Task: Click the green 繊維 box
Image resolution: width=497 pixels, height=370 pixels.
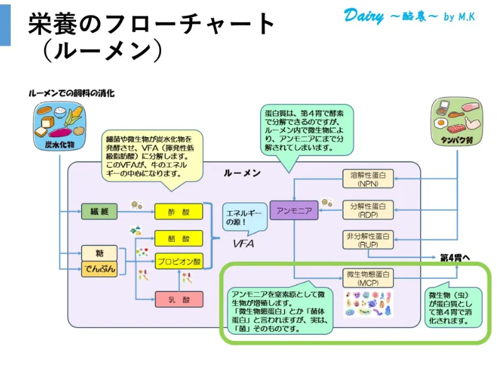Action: [x=99, y=212]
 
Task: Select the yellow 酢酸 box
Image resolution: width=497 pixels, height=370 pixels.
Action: [x=179, y=212]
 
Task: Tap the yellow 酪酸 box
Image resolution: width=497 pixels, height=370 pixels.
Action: [x=179, y=239]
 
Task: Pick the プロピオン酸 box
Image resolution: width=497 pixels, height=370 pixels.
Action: [x=179, y=261]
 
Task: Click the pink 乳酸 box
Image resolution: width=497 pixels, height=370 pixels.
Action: [x=179, y=300]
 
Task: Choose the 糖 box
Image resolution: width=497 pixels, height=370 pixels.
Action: [x=99, y=253]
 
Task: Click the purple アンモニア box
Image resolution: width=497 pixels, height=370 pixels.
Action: [x=294, y=211]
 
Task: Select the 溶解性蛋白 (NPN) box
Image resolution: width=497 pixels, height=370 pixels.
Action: [x=368, y=179]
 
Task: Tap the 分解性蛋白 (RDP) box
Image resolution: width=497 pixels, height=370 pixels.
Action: [x=368, y=210]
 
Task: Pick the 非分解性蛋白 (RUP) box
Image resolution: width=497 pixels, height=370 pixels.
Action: [x=368, y=241]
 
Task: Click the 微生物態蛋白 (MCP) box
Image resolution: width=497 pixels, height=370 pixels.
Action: [x=368, y=278]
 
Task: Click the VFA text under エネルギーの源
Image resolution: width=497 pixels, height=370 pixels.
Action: [x=243, y=243]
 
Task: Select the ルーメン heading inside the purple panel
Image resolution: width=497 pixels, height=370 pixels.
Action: [x=242, y=173]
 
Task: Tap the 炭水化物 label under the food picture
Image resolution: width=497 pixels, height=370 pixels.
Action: [x=59, y=144]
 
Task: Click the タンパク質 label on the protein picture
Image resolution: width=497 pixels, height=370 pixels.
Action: [x=455, y=139]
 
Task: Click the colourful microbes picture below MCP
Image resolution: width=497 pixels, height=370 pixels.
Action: [x=368, y=303]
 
